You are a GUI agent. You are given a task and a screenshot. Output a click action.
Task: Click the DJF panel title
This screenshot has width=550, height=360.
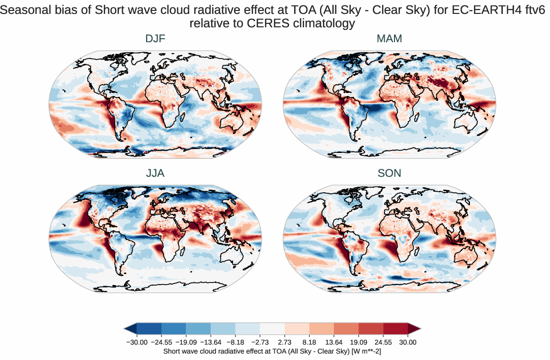(x=155, y=39)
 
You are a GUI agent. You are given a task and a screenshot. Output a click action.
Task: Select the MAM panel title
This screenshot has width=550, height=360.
(x=390, y=39)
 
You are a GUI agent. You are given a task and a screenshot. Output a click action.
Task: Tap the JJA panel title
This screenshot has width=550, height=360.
(x=155, y=173)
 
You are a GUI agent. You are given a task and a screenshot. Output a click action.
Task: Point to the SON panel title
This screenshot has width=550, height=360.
(x=390, y=173)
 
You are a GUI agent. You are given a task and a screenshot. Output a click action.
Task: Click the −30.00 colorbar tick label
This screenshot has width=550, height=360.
(x=137, y=342)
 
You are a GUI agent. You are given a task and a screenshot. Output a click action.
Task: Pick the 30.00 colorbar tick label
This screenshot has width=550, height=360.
(x=408, y=342)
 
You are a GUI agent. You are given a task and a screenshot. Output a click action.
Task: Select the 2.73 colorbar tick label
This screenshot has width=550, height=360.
(x=285, y=342)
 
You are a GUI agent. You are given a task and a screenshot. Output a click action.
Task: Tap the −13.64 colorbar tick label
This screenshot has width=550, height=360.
(x=211, y=342)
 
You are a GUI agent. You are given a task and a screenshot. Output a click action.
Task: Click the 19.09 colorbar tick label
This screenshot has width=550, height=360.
(x=359, y=342)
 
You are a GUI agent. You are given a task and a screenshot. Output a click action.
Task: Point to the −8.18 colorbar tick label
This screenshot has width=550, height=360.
(x=236, y=342)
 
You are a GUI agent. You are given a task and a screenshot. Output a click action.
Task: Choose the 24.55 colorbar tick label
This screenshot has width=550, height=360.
(x=384, y=342)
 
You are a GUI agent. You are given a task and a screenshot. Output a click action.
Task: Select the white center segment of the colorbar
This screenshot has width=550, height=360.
(x=272, y=328)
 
